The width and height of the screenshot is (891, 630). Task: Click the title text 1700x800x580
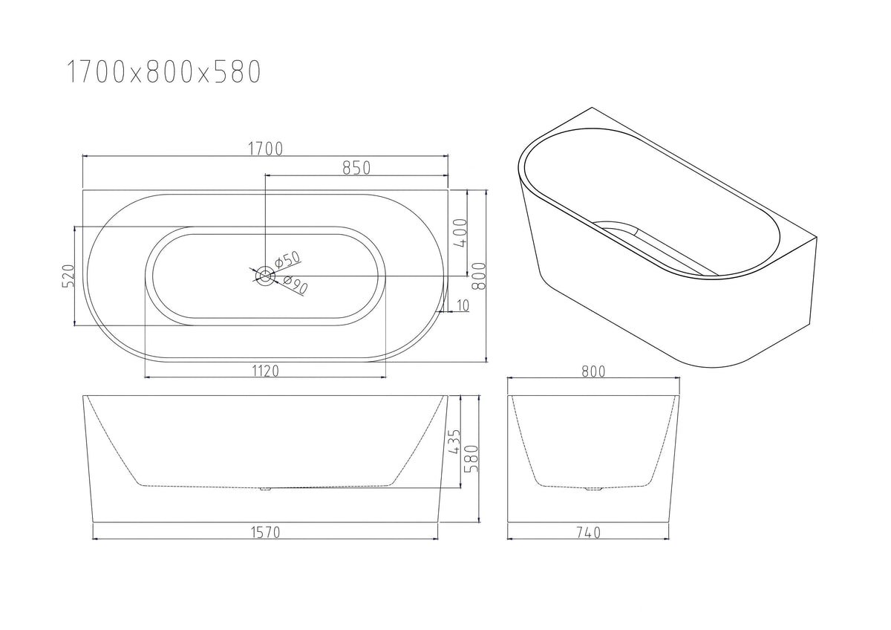pyautogui.click(x=164, y=71)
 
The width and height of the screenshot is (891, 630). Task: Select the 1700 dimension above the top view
pyautogui.click(x=265, y=149)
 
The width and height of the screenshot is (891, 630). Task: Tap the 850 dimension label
pyautogui.click(x=356, y=168)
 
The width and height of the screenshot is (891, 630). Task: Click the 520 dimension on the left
pyautogui.click(x=68, y=276)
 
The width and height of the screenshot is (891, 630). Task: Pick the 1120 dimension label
pyautogui.click(x=265, y=371)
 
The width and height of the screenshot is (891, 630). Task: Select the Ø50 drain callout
pyautogui.click(x=287, y=259)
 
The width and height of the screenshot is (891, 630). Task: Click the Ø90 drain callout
pyautogui.click(x=296, y=285)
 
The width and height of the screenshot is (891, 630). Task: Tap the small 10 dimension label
pyautogui.click(x=463, y=305)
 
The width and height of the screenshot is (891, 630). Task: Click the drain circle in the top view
pyautogui.click(x=264, y=276)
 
